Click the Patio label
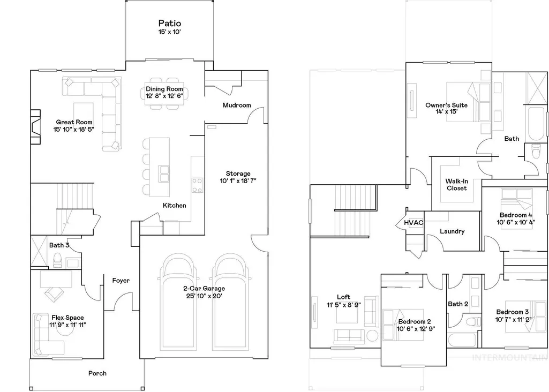point(170,24)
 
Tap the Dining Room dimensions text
point(164,96)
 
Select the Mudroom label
point(237,105)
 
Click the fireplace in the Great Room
point(35,127)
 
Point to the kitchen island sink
point(164,174)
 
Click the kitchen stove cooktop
point(197,185)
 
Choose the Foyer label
point(121,281)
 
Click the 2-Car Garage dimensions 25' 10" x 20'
point(204,296)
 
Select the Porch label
point(97,373)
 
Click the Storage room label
point(238,174)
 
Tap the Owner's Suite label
point(446,105)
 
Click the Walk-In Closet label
point(456,185)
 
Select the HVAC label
point(413,223)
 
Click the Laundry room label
point(452,231)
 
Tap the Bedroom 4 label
point(516,215)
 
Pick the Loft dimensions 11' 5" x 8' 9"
point(343,305)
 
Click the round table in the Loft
point(372,336)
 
